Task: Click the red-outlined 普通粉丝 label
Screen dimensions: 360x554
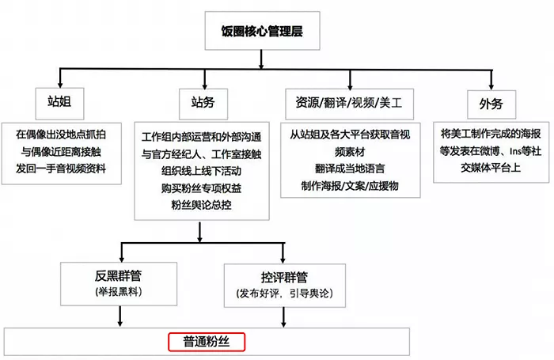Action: click(x=207, y=343)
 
